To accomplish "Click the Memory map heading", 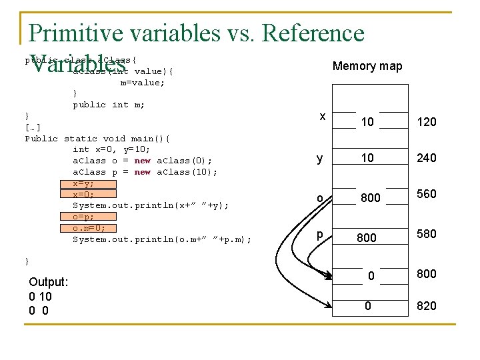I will click(x=367, y=66).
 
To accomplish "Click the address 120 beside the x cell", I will click(x=426, y=122).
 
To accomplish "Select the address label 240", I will click(x=426, y=158).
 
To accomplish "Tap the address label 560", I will click(x=426, y=194).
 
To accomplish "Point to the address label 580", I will click(x=426, y=234).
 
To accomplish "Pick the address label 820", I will click(x=426, y=306).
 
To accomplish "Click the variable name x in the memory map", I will click(x=322, y=117).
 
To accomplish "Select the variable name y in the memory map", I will click(x=320, y=159).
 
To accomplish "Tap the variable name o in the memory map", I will click(x=320, y=198).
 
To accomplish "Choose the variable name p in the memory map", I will click(x=320, y=235).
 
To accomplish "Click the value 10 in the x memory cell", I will click(x=367, y=122).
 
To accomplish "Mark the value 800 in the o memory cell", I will click(x=370, y=198).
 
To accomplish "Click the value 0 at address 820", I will click(x=367, y=305).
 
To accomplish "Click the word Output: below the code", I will click(x=49, y=283).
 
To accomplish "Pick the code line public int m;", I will click(x=109, y=105).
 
